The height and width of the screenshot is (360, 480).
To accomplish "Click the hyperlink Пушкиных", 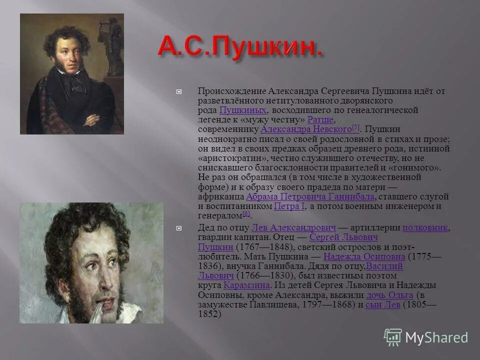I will coord(243,110).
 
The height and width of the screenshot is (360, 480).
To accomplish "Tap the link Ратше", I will coord(320,120).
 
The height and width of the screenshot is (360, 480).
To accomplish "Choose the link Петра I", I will coord(289,206).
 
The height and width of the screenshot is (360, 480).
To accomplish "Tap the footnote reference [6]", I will coord(246,214).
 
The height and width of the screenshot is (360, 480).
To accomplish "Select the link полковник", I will coord(425,228).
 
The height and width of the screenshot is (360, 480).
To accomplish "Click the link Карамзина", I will coord(246,285).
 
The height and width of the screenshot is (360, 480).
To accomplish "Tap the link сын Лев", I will coord(382,304).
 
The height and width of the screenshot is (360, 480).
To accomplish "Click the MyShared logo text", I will coord(436,337).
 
